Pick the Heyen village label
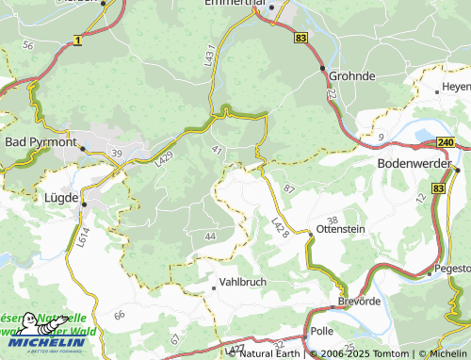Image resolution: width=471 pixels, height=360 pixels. click(x=455, y=87)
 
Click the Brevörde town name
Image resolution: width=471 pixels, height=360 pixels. click(x=358, y=303)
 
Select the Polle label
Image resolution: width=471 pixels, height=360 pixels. click(x=322, y=333)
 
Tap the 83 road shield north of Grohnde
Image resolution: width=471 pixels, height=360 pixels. click(x=300, y=36)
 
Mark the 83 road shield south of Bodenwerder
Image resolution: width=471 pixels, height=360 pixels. click(x=439, y=189)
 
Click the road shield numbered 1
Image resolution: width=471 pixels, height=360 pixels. click(x=76, y=41)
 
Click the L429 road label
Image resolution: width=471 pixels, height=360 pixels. click(x=164, y=161)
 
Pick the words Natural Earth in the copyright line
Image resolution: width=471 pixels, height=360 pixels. click(x=269, y=353)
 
